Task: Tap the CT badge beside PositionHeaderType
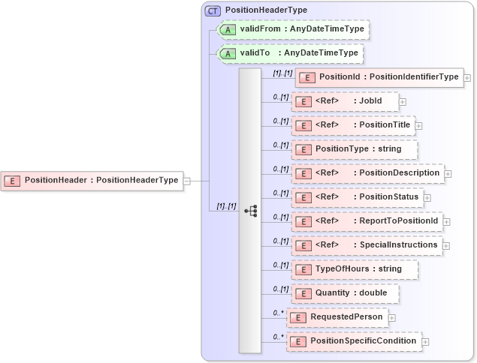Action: click(x=213, y=10)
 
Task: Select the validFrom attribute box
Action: click(x=292, y=29)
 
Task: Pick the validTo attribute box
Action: click(x=289, y=53)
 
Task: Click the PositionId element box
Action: click(x=379, y=77)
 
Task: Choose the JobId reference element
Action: click(x=345, y=101)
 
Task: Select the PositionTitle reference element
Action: click(x=353, y=125)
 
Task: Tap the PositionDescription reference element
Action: click(x=367, y=173)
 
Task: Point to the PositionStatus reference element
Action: click(x=357, y=197)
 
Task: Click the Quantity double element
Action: click(x=345, y=293)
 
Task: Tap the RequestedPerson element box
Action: click(x=337, y=317)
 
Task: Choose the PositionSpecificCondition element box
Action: click(x=354, y=341)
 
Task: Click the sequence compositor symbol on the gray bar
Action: click(x=250, y=211)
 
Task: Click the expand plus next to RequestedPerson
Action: click(x=391, y=318)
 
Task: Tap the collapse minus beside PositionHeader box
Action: click(x=187, y=181)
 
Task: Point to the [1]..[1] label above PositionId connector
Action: click(x=282, y=72)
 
